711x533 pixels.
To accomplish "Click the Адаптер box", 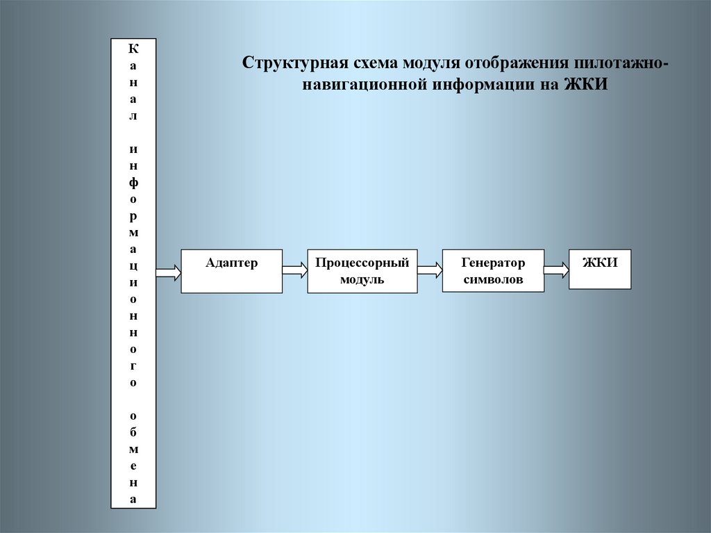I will coord(231,270).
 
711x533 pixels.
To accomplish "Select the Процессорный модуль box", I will coord(362,271).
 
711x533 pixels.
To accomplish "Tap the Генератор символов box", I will coord(493,270).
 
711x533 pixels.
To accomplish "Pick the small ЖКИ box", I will coord(600,268).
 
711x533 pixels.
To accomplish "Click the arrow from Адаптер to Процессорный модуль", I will coord(294,270).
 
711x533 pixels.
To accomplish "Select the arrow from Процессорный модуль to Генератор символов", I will coord(430,270).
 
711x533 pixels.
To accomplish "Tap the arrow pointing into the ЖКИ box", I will coord(556,270).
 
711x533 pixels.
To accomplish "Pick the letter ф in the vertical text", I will coord(133,182).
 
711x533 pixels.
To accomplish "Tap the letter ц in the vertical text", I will coord(133,266).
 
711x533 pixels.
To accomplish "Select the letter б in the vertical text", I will coord(133,432).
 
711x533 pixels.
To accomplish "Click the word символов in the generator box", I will coord(493,279).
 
